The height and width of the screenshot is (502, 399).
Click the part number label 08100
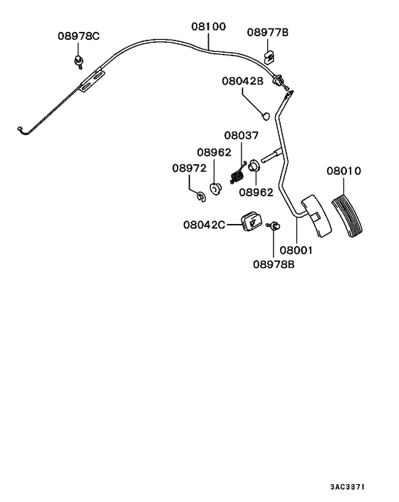tap(208, 26)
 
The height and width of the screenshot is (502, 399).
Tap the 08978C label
tap(79, 36)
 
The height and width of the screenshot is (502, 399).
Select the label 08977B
tap(269, 31)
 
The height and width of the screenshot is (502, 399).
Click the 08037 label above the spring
tap(242, 135)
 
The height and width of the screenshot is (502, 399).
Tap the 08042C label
tap(204, 225)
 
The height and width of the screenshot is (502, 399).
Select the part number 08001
tap(296, 250)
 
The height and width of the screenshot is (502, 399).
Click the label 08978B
tap(274, 265)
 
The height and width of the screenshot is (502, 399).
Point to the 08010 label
tap(346, 171)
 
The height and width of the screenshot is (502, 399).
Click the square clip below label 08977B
tap(269, 53)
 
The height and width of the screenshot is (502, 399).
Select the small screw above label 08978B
tap(272, 227)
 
